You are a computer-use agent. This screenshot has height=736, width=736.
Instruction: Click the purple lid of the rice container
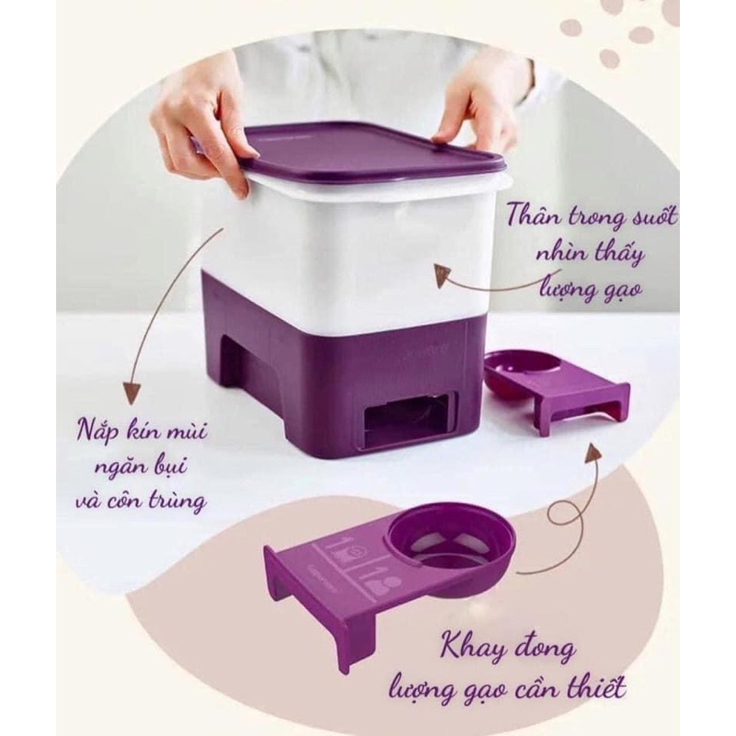coord(368,152)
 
